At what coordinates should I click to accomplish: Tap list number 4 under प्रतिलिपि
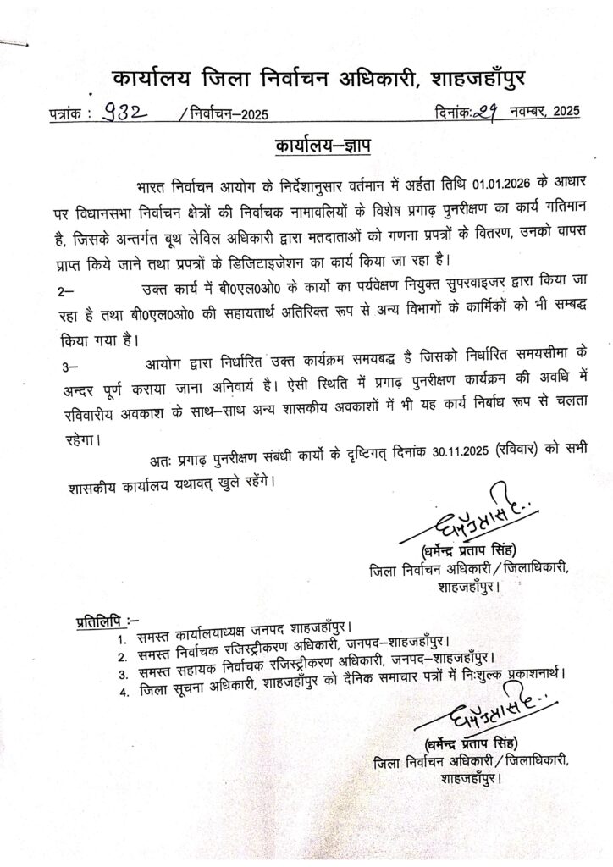point(123,692)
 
